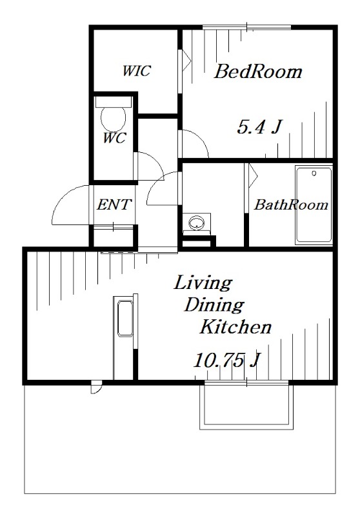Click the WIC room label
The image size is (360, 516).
(136, 70)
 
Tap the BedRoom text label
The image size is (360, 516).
(258, 72)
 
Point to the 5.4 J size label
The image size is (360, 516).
(259, 127)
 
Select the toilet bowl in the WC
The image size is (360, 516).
(114, 119)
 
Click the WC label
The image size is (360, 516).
(114, 138)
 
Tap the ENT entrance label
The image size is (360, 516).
(114, 204)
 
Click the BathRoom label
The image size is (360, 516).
(291, 204)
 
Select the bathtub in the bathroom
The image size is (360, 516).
(314, 205)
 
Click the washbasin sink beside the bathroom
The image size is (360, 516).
(197, 223)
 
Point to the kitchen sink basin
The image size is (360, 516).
(125, 318)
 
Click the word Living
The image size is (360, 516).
(203, 284)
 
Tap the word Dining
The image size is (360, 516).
(214, 306)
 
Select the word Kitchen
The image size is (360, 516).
(235, 327)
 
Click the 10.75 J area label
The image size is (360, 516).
(226, 361)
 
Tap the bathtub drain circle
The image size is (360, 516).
(314, 173)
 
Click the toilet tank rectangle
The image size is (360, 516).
(113, 102)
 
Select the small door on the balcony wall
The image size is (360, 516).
(96, 386)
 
